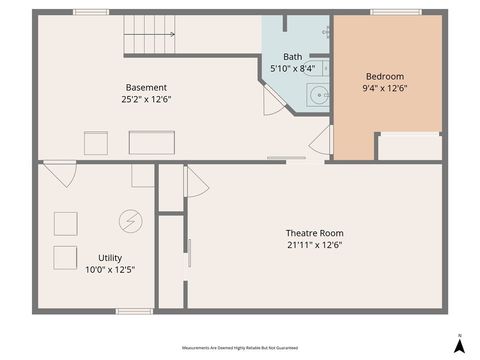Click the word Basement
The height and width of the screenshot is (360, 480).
pos(146,87)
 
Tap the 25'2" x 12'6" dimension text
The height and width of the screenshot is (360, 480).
pos(146,99)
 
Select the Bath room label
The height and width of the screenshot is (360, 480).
pos(292,57)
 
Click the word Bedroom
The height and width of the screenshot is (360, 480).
pos(385,76)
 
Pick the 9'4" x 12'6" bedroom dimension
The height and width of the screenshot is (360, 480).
pos(385,88)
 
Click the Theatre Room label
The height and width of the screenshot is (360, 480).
pos(314,233)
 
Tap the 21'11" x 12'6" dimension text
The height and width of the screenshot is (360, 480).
pos(314,245)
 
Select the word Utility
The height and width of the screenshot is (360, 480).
pos(110,257)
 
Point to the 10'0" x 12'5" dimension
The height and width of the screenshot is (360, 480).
pos(110,269)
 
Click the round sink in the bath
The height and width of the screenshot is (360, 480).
pos(318,96)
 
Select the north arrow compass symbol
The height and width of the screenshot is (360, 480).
pos(458,344)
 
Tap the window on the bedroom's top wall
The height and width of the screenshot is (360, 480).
pos(396,12)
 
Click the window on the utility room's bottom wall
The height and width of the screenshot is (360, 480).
pos(133,311)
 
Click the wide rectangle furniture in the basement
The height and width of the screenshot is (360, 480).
pos(151,143)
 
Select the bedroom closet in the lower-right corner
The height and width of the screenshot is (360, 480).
pos(410,147)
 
